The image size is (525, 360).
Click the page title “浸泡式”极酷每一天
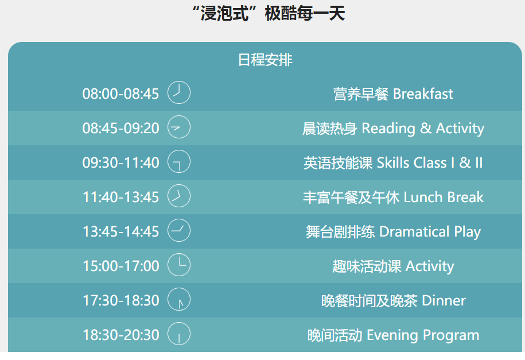pyautogui.click(x=269, y=14)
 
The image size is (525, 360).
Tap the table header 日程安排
pyautogui.click(x=265, y=60)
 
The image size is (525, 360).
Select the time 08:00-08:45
pyautogui.click(x=120, y=94)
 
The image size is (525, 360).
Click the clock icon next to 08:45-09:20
pyautogui.click(x=179, y=127)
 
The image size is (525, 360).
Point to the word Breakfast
pyautogui.click(x=423, y=94)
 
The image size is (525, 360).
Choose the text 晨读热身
pyautogui.click(x=329, y=129)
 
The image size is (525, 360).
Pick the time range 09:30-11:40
pyautogui.click(x=120, y=162)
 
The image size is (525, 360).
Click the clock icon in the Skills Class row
pyautogui.click(x=179, y=161)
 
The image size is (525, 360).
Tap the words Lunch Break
pyautogui.click(x=444, y=197)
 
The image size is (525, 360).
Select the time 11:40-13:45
pyautogui.click(x=120, y=197)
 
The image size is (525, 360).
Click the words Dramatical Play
pyautogui.click(x=430, y=232)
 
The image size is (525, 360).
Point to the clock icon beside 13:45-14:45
pyautogui.click(x=179, y=231)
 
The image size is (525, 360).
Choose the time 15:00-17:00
pyautogui.click(x=120, y=266)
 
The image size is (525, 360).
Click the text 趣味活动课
pyautogui.click(x=367, y=266)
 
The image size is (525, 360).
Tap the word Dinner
pyautogui.click(x=444, y=301)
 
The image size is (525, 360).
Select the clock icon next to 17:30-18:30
pyautogui.click(x=179, y=299)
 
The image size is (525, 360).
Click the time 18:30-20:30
pyautogui.click(x=120, y=335)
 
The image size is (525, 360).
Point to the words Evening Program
pyautogui.click(x=423, y=335)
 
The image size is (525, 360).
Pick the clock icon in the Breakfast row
pyautogui.click(x=179, y=92)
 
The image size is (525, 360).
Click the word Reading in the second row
pyautogui.click(x=388, y=129)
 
